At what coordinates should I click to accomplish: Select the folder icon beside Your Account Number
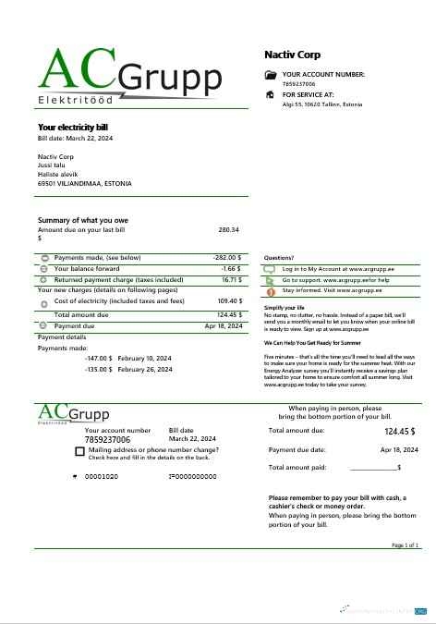[270, 74]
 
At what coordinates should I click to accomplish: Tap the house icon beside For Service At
[270, 94]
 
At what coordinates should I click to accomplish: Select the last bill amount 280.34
[228, 228]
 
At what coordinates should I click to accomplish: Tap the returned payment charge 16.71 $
[230, 278]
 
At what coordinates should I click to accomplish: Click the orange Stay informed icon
[270, 290]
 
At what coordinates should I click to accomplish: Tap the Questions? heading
[279, 258]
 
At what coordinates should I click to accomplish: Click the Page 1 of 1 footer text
[405, 546]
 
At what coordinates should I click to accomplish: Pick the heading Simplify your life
[285, 307]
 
